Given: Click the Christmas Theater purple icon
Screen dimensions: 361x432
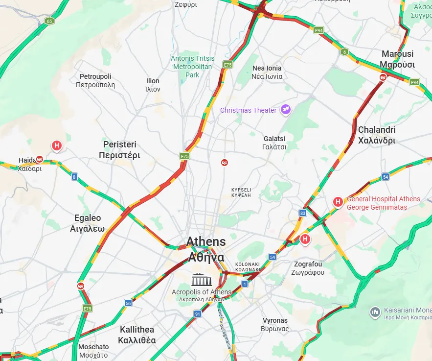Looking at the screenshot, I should click(286, 110).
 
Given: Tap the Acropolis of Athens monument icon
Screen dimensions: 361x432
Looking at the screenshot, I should click(202, 280).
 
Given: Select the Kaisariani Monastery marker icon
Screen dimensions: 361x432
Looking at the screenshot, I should click(375, 312).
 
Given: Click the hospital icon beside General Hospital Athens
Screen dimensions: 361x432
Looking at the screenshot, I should click(337, 201).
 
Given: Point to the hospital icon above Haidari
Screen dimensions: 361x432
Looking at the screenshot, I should click(57, 145).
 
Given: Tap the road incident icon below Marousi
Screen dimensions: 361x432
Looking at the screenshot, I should click(383, 77).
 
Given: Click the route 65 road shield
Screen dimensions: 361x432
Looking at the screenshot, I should click(49, 21).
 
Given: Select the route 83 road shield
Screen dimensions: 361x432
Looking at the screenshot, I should click(303, 213).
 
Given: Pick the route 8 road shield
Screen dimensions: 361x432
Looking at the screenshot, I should click(74, 177).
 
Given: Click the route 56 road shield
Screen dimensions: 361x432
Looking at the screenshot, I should click(128, 303).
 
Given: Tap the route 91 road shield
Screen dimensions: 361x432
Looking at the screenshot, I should click(198, 313).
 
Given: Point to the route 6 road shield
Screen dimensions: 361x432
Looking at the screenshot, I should click(344, 52).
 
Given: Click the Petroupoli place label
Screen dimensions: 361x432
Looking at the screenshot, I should click(95, 80).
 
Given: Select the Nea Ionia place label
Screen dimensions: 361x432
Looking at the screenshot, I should click(267, 72).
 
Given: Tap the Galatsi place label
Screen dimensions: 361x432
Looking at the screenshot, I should click(274, 143).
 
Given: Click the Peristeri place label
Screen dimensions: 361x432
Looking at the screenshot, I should click(119, 150).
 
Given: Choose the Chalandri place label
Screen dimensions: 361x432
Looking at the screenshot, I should click(377, 135).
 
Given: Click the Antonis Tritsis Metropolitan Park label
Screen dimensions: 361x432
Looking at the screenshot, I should click(192, 67).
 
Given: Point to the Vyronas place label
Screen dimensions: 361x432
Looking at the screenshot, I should click(275, 324).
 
